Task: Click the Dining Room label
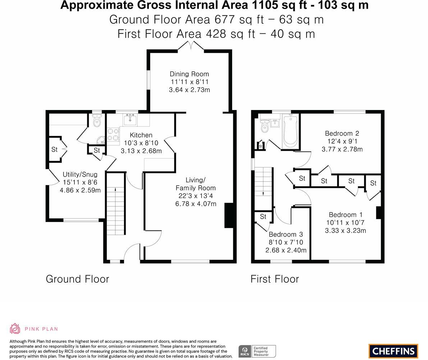(189, 74)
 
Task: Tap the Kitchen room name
(141, 135)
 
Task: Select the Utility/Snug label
(80, 174)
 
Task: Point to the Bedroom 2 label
(342, 133)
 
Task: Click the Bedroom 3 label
(286, 234)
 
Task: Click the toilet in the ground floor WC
(97, 120)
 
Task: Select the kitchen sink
(130, 119)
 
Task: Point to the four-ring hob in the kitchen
(113, 135)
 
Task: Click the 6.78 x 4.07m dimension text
(196, 204)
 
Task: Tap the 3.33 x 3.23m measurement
(345, 231)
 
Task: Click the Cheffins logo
(394, 351)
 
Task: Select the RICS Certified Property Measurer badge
(257, 351)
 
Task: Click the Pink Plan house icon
(15, 329)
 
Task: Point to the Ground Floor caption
(78, 279)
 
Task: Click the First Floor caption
(275, 279)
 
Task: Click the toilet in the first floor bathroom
(264, 126)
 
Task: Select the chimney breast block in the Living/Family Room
(229, 215)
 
